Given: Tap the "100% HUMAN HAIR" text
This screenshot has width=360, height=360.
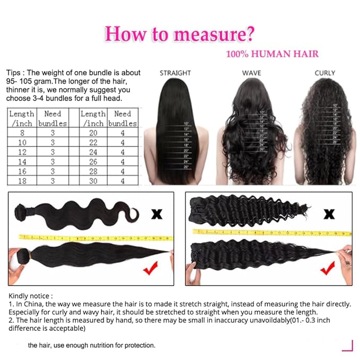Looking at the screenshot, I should click(272, 54).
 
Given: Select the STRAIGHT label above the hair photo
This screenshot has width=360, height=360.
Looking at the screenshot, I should click(175, 73).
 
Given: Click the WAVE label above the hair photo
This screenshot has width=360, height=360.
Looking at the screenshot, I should click(251, 73).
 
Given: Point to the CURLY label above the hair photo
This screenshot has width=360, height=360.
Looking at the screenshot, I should click(324, 73).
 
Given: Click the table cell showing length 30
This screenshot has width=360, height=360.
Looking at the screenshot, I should click(93, 181).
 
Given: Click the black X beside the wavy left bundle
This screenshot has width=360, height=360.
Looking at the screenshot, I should click(157, 215).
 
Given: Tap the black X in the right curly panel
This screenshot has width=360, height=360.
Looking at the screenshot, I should click(329, 214).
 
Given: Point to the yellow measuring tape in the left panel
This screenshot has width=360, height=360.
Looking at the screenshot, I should click(95, 237).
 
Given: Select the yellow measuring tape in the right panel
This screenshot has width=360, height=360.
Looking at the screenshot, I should click(270, 232).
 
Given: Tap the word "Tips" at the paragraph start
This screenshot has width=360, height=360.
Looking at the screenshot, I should click(15, 73).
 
